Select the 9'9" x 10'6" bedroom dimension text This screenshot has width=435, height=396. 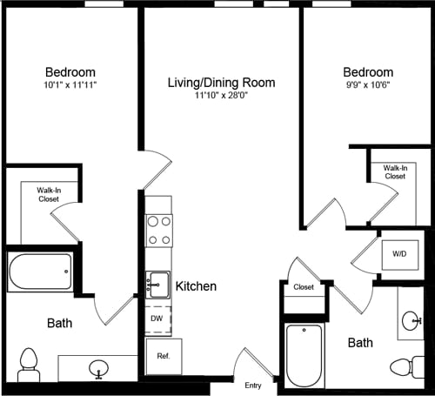coord(367,86)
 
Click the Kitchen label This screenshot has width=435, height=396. coord(196,285)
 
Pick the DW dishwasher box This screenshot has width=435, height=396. coord(157,319)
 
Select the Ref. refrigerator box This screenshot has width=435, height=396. coord(163,356)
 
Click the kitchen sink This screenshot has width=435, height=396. coord(157,284)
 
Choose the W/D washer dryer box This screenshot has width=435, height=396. coord(399,255)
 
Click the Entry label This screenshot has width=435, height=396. coord(253,386)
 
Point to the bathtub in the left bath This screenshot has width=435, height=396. coord(40,273)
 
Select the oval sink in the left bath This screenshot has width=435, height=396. coord(98,368)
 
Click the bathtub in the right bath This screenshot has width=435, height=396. coord(304,354)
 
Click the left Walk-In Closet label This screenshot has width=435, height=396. coord(47,194)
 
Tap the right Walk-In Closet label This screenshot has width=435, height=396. coord(395,171)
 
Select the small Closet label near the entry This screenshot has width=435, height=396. coord(304,286)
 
